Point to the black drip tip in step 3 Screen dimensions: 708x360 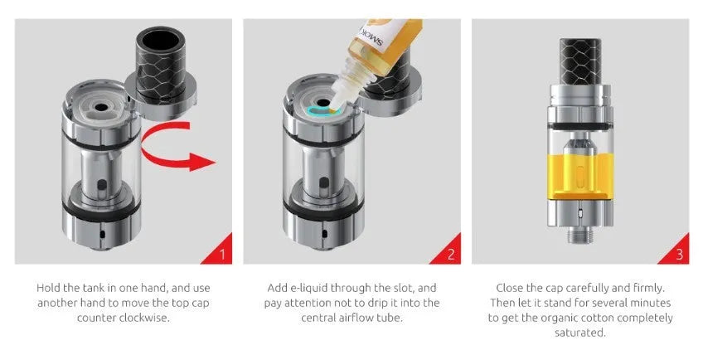(580, 62)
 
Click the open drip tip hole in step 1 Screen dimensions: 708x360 (161, 40)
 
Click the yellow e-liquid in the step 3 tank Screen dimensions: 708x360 (579, 177)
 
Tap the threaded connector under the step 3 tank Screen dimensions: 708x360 (579, 235)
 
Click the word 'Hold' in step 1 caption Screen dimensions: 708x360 (48, 288)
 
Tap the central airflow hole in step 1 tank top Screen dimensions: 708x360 (100, 107)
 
